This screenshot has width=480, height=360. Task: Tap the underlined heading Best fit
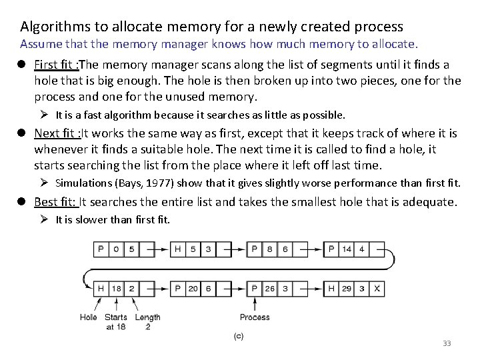[x=55, y=201]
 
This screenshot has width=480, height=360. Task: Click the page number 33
[x=447, y=343]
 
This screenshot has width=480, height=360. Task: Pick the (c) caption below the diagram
[x=238, y=337]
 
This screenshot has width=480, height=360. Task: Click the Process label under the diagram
[x=255, y=317]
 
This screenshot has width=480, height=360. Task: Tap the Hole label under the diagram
[x=89, y=317]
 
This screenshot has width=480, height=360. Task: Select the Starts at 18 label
[x=116, y=321]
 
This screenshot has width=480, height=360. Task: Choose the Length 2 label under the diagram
[x=147, y=321]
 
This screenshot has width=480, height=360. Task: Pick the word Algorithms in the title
[x=52, y=27]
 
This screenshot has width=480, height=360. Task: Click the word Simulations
[x=83, y=182]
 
